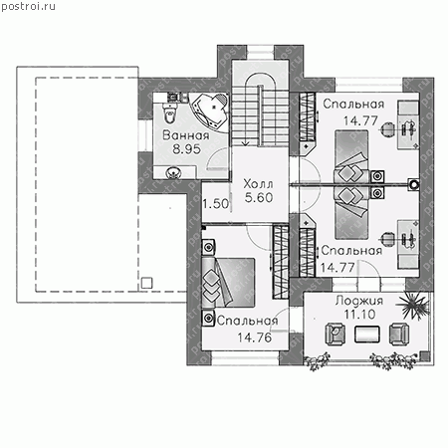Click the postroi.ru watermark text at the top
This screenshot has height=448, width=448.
coord(28,6)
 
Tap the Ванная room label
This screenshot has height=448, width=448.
coord(186,135)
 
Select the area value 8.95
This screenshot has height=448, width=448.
coord(186,149)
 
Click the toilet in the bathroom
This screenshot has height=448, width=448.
coord(169,112)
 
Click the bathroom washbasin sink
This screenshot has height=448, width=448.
coord(173,172)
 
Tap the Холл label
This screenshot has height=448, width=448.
coord(258,183)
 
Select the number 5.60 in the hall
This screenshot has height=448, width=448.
coord(259,197)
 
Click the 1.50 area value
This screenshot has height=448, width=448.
coord(216,203)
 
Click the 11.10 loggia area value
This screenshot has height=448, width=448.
coord(359,314)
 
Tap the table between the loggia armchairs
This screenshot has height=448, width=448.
coord(367,334)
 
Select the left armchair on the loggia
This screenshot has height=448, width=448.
coord(336,334)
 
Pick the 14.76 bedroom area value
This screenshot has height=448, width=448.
coord(254,337)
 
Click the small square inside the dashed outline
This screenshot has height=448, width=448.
coord(146,283)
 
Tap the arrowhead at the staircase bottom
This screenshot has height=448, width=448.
coord(245,143)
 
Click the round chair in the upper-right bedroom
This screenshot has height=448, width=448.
coord(387,129)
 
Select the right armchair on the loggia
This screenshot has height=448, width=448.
coord(399,334)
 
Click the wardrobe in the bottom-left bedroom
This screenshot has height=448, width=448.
coord(281,262)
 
